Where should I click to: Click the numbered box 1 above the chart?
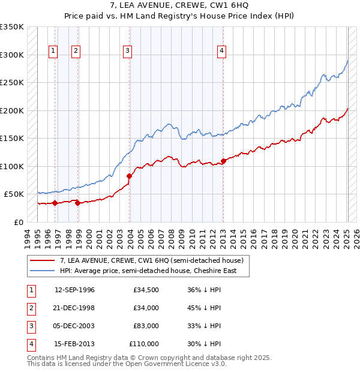click(x=53, y=52)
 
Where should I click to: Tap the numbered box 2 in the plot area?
click(x=76, y=52)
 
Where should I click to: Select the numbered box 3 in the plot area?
click(x=128, y=52)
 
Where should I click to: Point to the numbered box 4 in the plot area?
click(x=221, y=52)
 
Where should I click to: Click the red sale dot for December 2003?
click(x=129, y=176)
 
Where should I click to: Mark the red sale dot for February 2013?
click(x=223, y=161)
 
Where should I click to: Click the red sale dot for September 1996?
click(x=55, y=203)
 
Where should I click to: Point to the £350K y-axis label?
click(x=12, y=27)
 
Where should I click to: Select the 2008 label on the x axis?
click(x=173, y=238)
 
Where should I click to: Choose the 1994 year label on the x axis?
click(x=28, y=238)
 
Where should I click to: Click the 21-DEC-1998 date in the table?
click(x=74, y=308)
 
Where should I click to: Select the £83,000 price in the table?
click(x=144, y=326)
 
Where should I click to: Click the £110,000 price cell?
click(x=144, y=344)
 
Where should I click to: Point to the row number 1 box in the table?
click(x=30, y=290)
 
